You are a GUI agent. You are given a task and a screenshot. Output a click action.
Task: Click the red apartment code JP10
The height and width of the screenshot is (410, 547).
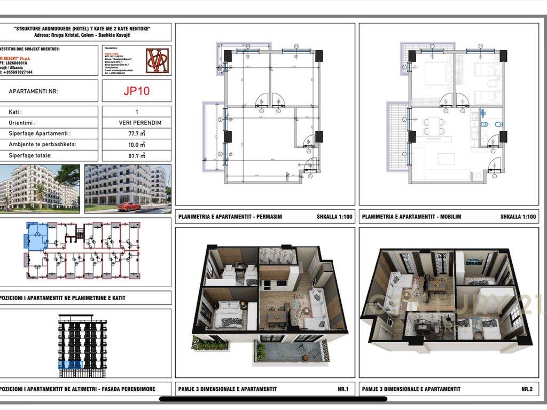(136, 91)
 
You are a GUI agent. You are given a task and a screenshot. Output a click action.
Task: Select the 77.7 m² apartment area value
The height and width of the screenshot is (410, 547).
(136, 133)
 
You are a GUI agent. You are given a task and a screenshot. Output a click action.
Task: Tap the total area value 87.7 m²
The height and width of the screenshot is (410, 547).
(136, 155)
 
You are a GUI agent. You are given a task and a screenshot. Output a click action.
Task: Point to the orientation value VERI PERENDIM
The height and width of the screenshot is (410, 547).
(136, 123)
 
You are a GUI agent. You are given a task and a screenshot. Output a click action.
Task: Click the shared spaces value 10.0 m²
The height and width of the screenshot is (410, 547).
(136, 145)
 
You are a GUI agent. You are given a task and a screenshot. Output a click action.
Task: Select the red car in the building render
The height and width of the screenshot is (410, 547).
(129, 206)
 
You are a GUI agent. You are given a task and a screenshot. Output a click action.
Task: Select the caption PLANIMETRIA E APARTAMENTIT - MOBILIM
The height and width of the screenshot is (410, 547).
(411, 217)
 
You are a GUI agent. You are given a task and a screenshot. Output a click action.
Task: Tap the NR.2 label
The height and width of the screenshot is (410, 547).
(527, 389)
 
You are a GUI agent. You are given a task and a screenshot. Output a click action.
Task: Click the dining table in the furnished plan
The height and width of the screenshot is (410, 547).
(434, 127)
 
